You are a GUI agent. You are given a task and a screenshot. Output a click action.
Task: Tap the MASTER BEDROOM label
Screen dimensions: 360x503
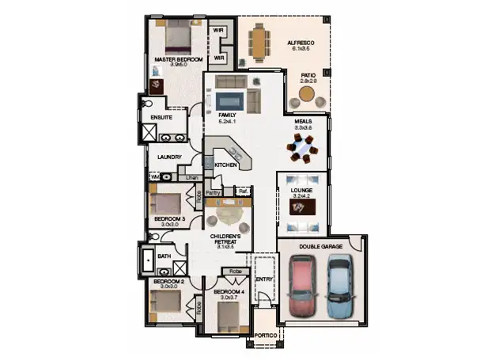click(178, 59)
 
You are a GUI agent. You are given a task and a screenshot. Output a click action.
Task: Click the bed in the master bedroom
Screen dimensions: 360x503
click(178, 36)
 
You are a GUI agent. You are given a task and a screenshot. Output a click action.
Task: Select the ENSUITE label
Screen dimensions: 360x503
click(153, 118)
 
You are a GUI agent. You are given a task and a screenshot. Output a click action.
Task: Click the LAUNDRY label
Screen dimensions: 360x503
click(170, 157)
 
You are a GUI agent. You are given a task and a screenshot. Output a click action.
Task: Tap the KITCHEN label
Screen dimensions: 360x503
click(227, 165)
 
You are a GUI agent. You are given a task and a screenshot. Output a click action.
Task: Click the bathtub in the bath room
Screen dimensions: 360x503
click(149, 259)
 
